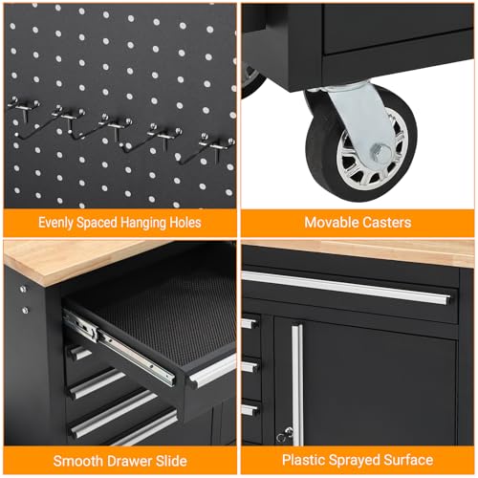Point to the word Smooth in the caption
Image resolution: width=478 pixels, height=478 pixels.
pyautogui.click(x=77, y=461)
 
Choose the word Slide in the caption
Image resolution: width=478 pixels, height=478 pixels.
pyautogui.click(x=171, y=461)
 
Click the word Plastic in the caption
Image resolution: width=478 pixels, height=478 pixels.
pyautogui.click(x=303, y=460)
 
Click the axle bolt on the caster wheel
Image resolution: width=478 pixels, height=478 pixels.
pyautogui.click(x=380, y=151)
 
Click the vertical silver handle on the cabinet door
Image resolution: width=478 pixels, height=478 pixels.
pyautogui.click(x=297, y=384)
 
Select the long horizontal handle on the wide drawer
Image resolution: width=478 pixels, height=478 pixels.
pyautogui.click(x=346, y=288)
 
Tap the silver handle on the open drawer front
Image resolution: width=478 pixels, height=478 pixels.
pyautogui.click(x=212, y=370)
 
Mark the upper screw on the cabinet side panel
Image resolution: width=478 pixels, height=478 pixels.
pyautogui.click(x=23, y=289)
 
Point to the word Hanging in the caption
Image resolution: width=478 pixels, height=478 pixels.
pyautogui.click(x=142, y=223)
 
